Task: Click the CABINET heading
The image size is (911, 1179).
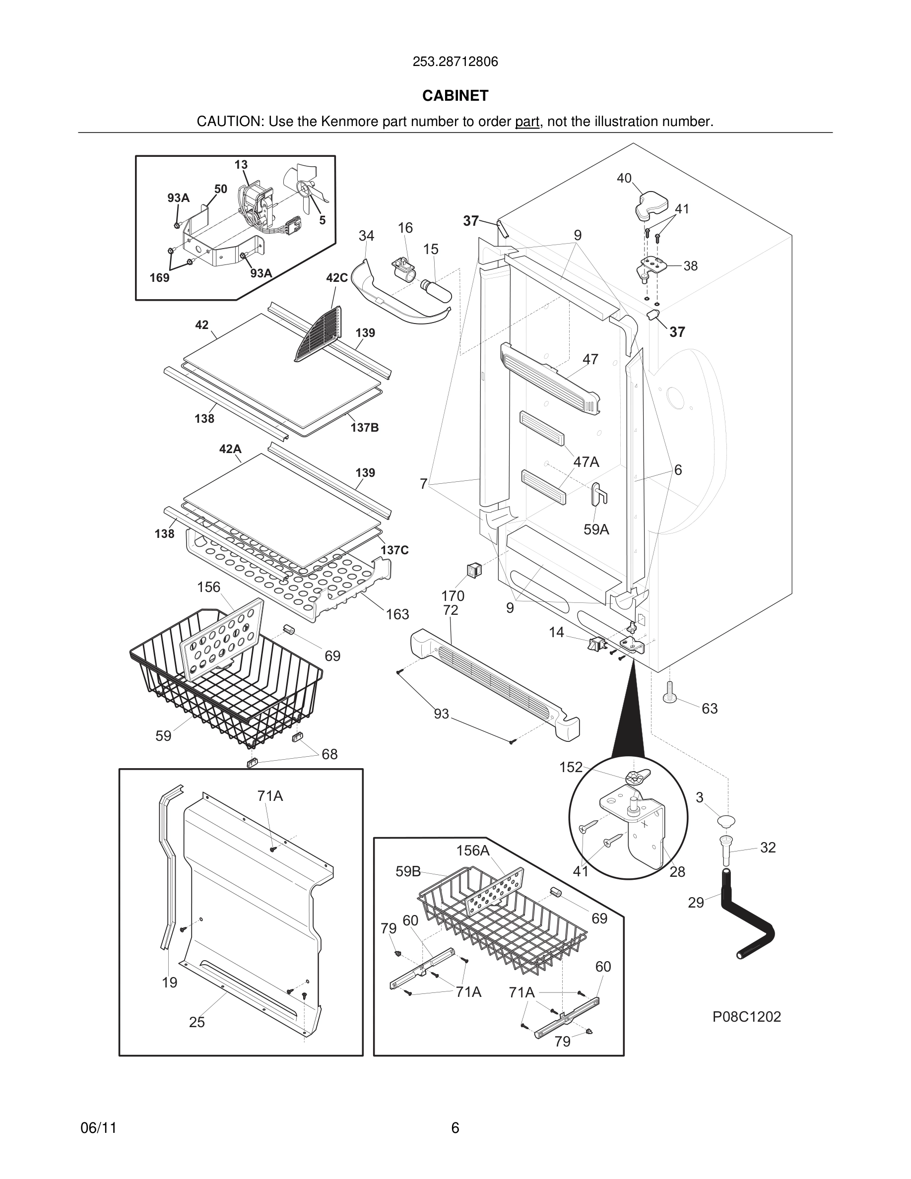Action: coord(455,96)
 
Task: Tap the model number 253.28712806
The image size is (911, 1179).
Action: coord(455,62)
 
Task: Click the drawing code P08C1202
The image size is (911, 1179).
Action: coord(746,1017)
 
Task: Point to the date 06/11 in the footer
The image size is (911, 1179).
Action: coord(98,1128)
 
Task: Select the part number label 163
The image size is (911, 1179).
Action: coord(397,614)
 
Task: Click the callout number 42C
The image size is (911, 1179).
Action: coord(337,278)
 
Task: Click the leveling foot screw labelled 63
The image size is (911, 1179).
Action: coord(669,693)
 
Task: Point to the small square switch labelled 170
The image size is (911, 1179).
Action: coord(473,570)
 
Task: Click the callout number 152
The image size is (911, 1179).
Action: coord(571,767)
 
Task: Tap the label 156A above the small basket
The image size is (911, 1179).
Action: coord(473,851)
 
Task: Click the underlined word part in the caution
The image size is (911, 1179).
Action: coord(527,122)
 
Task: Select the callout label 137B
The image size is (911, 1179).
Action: coord(364,428)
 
